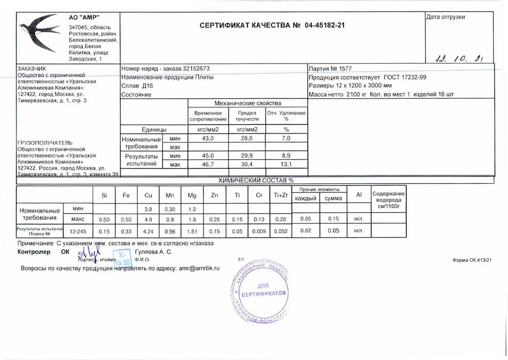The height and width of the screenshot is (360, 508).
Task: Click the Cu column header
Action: click(148, 196)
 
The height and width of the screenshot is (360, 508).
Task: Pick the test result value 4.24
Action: click(148, 231)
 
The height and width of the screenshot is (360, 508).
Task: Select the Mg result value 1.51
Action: click(192, 231)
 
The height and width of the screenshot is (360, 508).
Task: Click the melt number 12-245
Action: click(78, 231)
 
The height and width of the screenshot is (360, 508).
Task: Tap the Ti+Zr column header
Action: click(281, 196)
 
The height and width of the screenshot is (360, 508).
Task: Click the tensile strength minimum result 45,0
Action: click(208, 156)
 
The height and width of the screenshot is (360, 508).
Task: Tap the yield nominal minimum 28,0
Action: click(247, 138)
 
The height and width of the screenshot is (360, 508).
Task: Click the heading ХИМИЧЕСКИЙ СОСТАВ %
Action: click(256, 180)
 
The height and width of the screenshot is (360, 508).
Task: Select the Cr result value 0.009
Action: click(259, 231)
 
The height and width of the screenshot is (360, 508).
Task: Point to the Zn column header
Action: click(214, 196)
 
